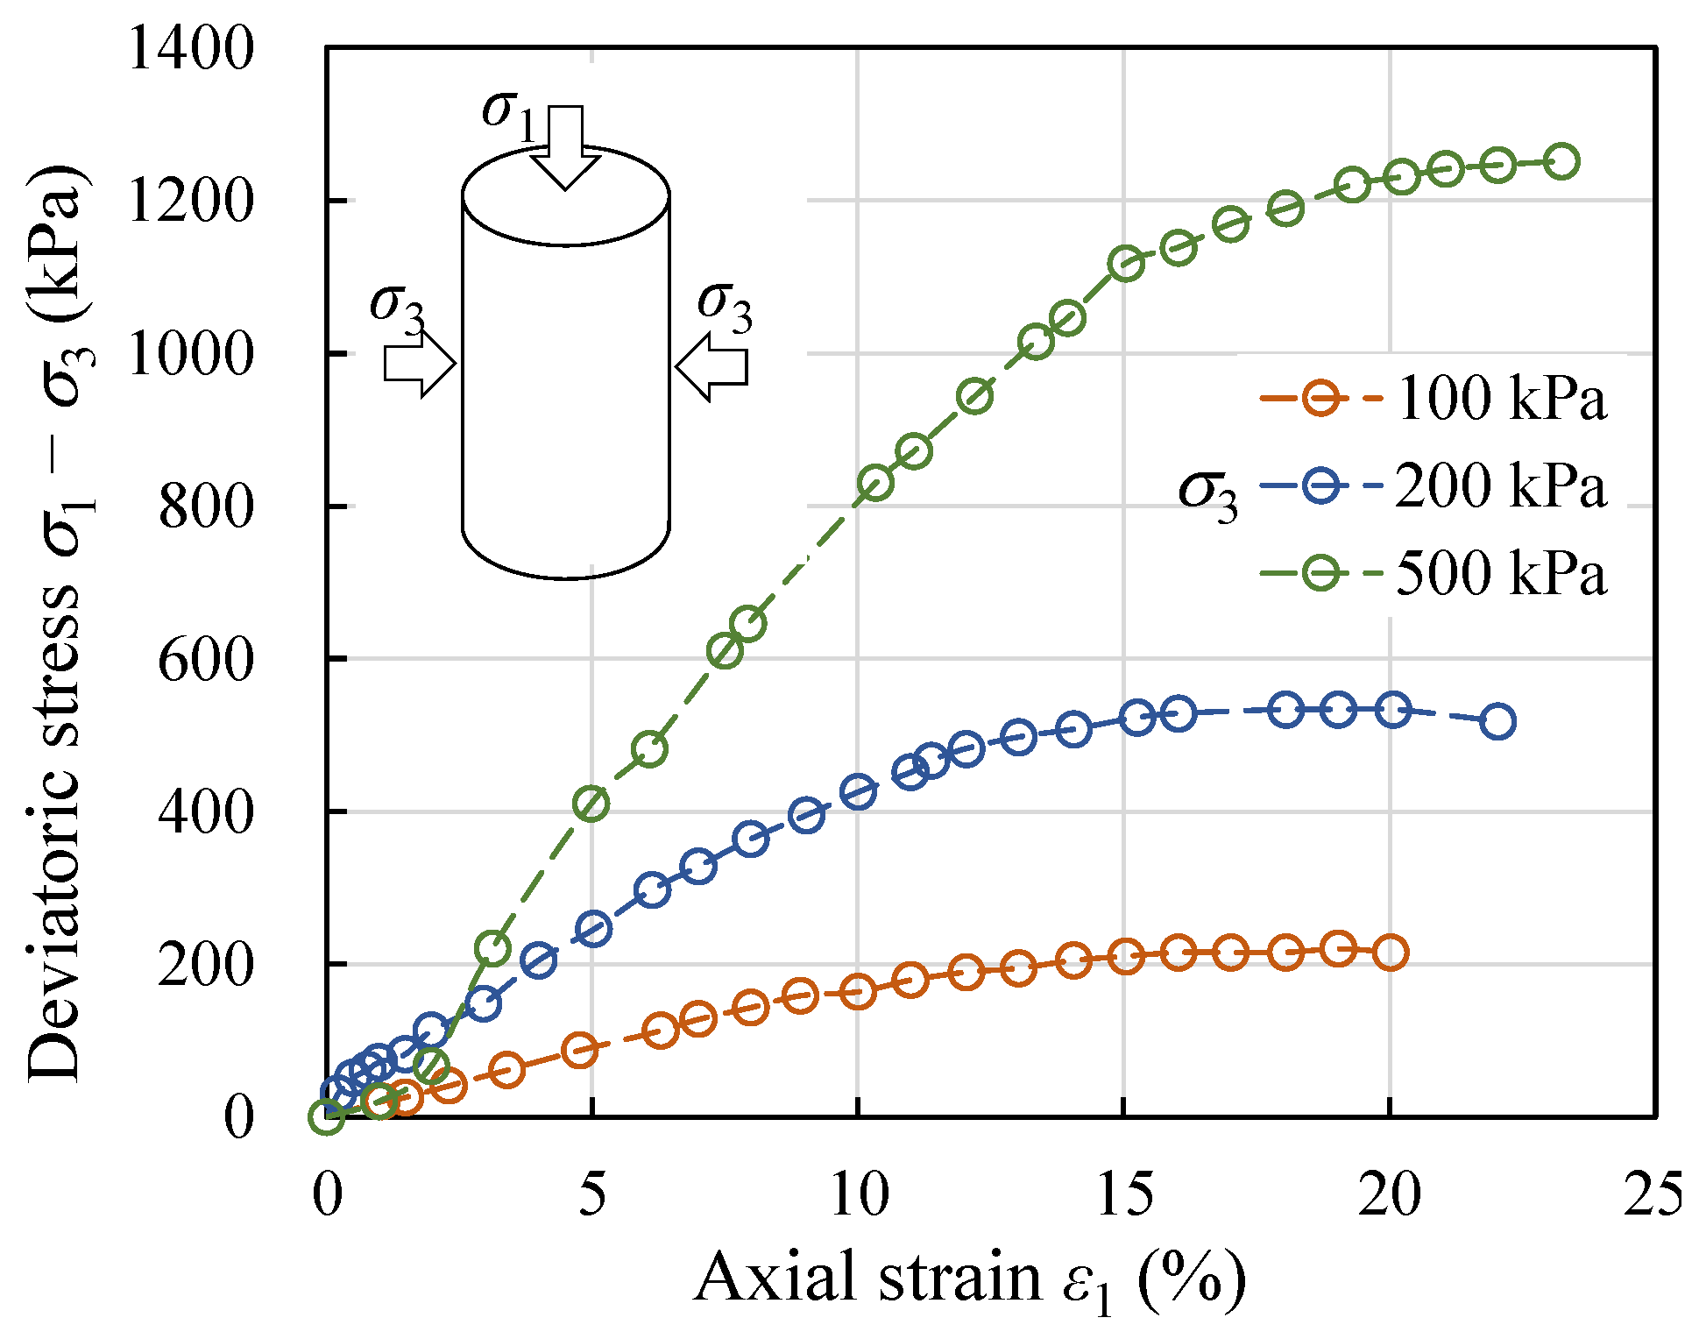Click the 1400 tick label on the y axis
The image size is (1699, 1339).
click(190, 49)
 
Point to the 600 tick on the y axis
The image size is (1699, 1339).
click(205, 659)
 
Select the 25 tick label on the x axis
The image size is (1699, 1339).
click(1653, 1194)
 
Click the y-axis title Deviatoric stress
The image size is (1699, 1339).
click(56, 622)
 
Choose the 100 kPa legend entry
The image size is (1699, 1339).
click(1432, 399)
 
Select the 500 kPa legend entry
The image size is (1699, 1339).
click(1432, 573)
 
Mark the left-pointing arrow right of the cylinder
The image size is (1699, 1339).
click(711, 366)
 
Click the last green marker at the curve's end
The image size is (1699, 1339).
click(1561, 161)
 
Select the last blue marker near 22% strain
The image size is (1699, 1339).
click(1498, 721)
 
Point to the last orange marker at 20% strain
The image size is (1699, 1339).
click(1391, 952)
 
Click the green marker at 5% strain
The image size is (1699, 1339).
click(592, 803)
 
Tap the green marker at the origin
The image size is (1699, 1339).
click(327, 1116)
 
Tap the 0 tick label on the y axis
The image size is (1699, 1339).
click(237, 1117)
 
